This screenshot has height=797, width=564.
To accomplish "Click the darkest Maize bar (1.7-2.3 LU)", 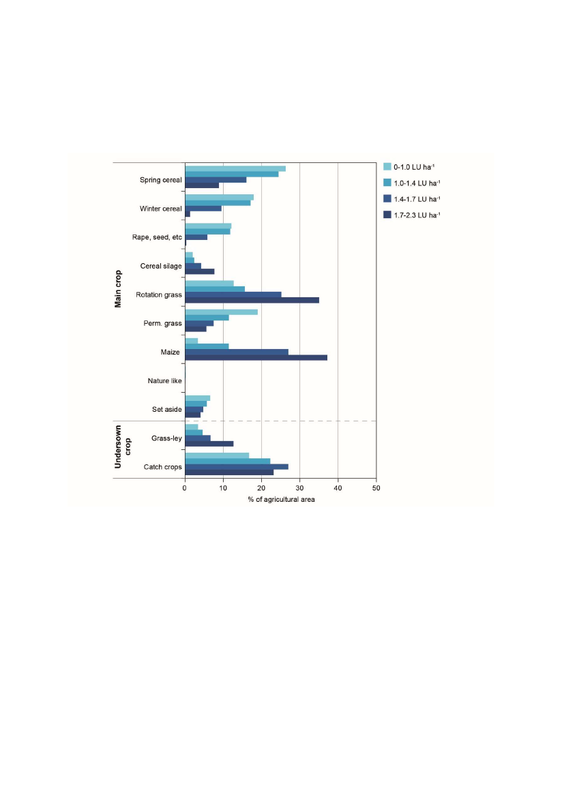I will coord(256,358).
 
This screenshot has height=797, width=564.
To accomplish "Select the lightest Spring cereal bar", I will coord(235,168).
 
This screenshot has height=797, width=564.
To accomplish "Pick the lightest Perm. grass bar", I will coord(221,312).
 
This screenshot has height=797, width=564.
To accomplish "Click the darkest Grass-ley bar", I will coord(209,444).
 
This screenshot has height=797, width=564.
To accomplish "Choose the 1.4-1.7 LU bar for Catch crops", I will coord(236,466).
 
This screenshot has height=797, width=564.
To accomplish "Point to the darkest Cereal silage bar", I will coord(199,271).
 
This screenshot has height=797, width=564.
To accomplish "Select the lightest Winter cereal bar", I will coord(219,198).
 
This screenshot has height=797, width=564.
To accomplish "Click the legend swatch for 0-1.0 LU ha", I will coord(387,166).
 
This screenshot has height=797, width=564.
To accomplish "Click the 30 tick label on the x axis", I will coord(299,489).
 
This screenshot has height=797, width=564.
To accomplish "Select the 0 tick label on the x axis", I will coord(185,489).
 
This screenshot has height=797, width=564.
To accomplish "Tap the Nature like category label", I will coord(164,380).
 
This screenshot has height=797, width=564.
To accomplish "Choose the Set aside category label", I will coord(167,409).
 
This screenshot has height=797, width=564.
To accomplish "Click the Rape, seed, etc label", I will coord(157,237).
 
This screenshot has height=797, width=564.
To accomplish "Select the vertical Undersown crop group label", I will coord(122,450).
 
